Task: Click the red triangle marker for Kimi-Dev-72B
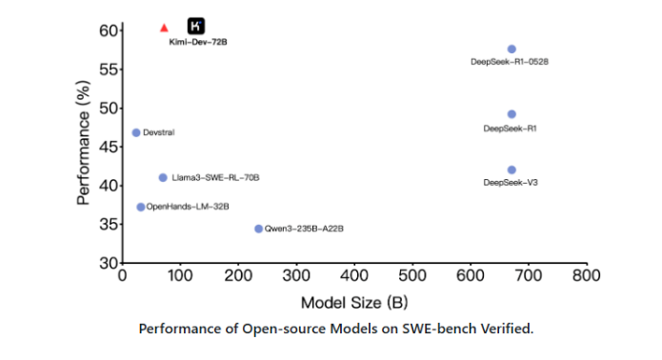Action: (x=164, y=29)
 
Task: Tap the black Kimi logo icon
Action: (x=196, y=27)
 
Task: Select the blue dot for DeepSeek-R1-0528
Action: (x=512, y=49)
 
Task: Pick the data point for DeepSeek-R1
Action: (x=512, y=114)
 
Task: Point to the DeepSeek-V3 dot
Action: (x=512, y=170)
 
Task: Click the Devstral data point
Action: (x=136, y=132)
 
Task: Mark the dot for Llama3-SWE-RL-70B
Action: (x=163, y=177)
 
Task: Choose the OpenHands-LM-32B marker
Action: (x=141, y=207)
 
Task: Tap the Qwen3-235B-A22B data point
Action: (x=258, y=229)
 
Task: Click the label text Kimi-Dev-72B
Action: (x=198, y=43)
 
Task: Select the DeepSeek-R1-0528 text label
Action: (x=510, y=62)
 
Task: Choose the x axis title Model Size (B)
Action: (x=353, y=303)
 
